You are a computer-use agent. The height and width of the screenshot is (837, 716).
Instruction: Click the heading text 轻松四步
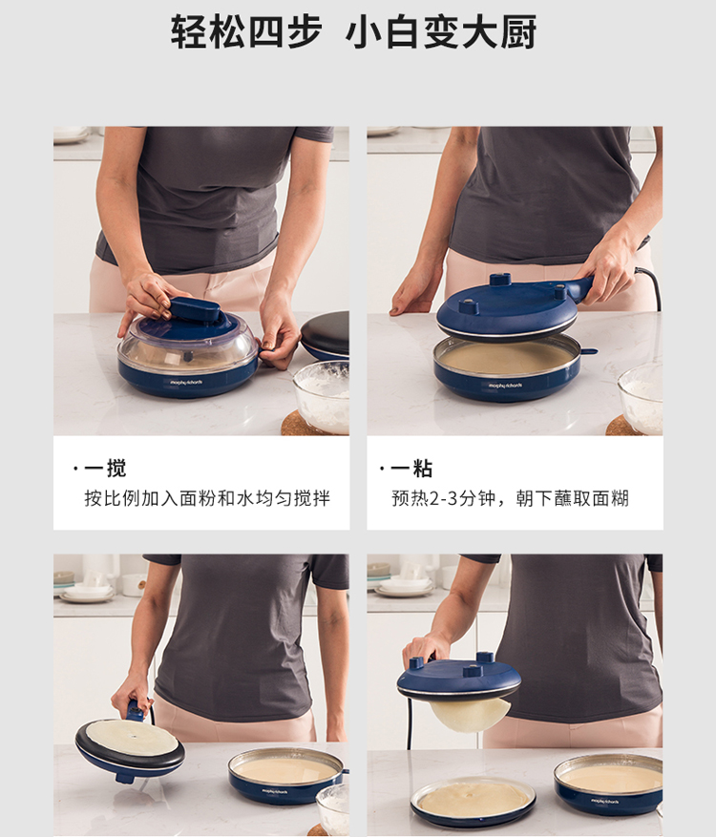coord(246,32)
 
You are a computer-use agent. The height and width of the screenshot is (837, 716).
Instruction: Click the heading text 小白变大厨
coord(441,32)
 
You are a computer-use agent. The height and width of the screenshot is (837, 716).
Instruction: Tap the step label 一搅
coord(105,469)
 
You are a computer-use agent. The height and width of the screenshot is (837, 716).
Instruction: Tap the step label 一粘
coord(411,469)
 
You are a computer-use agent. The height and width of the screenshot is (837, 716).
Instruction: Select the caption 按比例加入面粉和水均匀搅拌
coord(207,498)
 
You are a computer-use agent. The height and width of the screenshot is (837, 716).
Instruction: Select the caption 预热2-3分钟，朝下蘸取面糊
coord(511,498)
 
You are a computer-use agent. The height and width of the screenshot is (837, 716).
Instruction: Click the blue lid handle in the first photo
coord(195,309)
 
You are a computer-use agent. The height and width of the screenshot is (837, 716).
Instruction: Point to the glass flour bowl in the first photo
coord(322,396)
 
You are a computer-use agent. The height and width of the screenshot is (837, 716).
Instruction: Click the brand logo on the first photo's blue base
coord(186,382)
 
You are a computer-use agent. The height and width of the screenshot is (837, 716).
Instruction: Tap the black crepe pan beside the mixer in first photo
coord(326,335)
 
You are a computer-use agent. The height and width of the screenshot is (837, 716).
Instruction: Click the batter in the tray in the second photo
coord(505,358)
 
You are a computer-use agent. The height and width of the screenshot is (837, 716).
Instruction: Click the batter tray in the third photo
coord(285,775)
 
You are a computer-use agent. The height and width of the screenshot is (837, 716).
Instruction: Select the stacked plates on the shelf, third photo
coord(87,592)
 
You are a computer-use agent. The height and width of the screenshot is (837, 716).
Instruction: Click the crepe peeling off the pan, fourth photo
coord(470,715)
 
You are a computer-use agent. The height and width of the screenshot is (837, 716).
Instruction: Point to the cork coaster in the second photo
coord(623,426)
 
